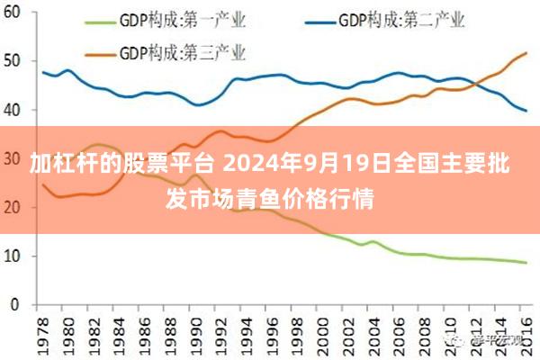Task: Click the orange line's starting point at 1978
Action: (x=43, y=184)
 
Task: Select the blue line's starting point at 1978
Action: (x=43, y=72)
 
